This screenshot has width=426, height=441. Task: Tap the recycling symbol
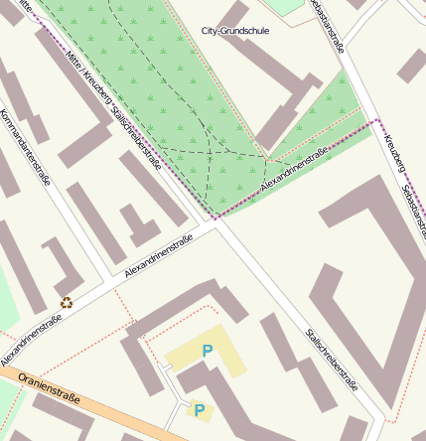pos(67,303)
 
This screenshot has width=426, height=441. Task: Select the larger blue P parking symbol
pos(208,351)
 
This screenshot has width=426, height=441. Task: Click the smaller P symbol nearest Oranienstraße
pos(199,409)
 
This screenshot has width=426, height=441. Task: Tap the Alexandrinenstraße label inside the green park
pos(295,170)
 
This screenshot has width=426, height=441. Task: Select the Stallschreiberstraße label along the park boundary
pos(140,138)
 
